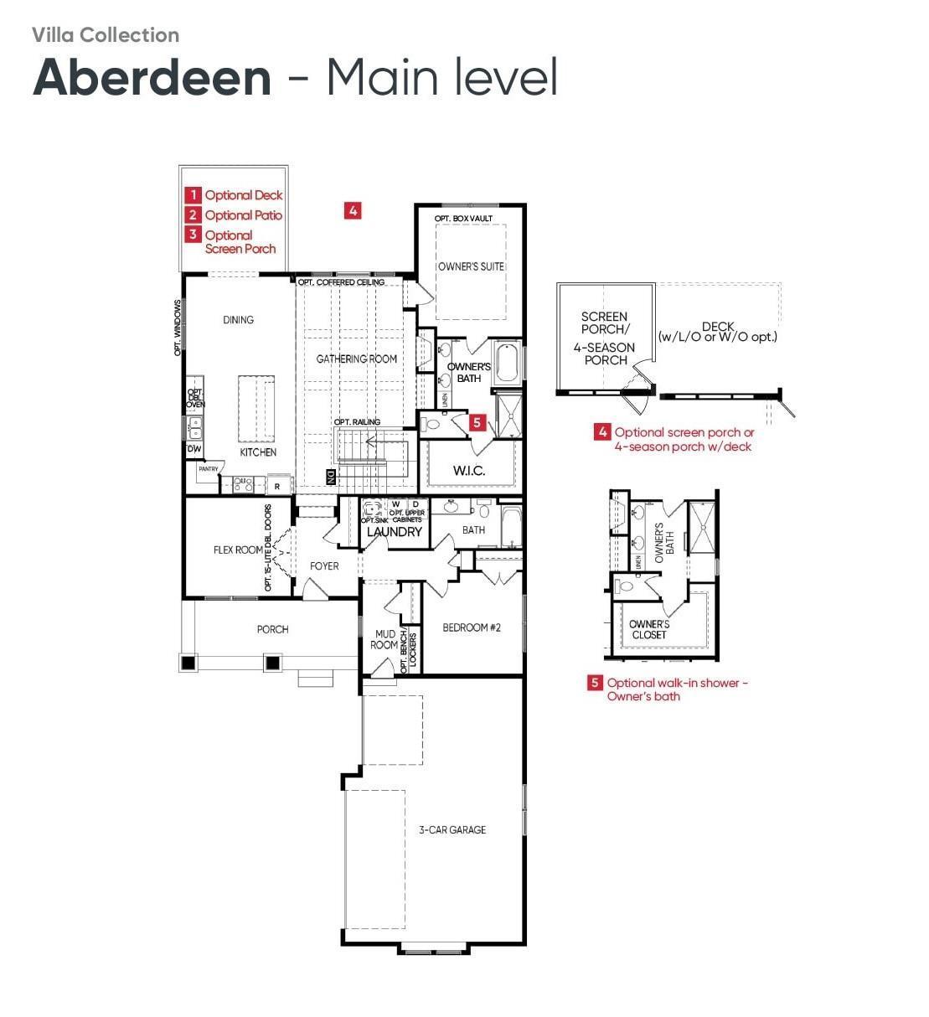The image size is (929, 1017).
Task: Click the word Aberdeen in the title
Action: (x=152, y=77)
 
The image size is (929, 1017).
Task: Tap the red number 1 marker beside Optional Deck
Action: (x=194, y=195)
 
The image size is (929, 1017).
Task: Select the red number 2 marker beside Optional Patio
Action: (x=194, y=215)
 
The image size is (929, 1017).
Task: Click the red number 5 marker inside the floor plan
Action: (x=477, y=423)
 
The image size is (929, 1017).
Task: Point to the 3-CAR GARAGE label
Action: (x=452, y=830)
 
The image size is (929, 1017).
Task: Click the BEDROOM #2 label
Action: (x=472, y=627)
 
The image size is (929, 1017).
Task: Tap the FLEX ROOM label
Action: (x=238, y=550)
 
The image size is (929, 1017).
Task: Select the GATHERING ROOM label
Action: (x=357, y=359)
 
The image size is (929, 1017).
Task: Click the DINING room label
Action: (x=238, y=320)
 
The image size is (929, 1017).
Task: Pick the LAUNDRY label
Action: (x=395, y=532)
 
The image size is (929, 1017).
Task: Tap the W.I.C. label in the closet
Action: (x=469, y=471)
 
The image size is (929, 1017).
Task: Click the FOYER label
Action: (x=324, y=566)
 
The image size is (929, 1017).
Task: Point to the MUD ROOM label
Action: (x=385, y=640)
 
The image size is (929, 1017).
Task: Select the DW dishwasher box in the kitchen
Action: (x=194, y=450)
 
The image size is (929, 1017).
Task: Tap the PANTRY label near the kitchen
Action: (x=209, y=469)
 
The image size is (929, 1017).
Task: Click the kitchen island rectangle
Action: (x=256, y=408)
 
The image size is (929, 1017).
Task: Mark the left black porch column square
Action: (x=188, y=663)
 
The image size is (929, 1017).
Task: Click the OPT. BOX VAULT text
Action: (x=463, y=219)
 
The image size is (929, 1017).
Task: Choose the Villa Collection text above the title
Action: (x=106, y=35)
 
